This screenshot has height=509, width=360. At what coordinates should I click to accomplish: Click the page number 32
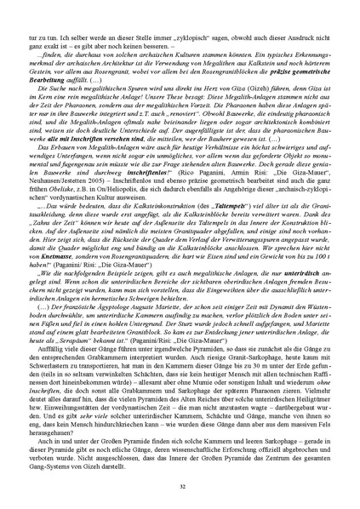tap(180, 484)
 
